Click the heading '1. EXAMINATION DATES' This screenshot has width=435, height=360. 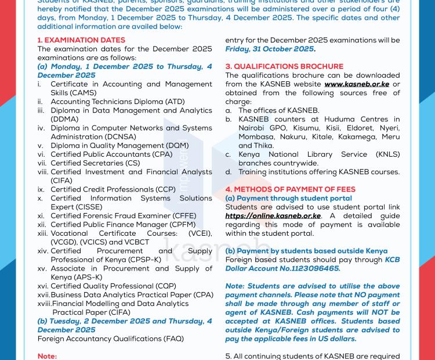pyautogui.click(x=81, y=41)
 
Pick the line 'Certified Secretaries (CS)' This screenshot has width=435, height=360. pyautogui.click(x=96, y=163)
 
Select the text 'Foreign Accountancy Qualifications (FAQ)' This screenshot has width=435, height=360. pyautogui.click(x=110, y=338)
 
